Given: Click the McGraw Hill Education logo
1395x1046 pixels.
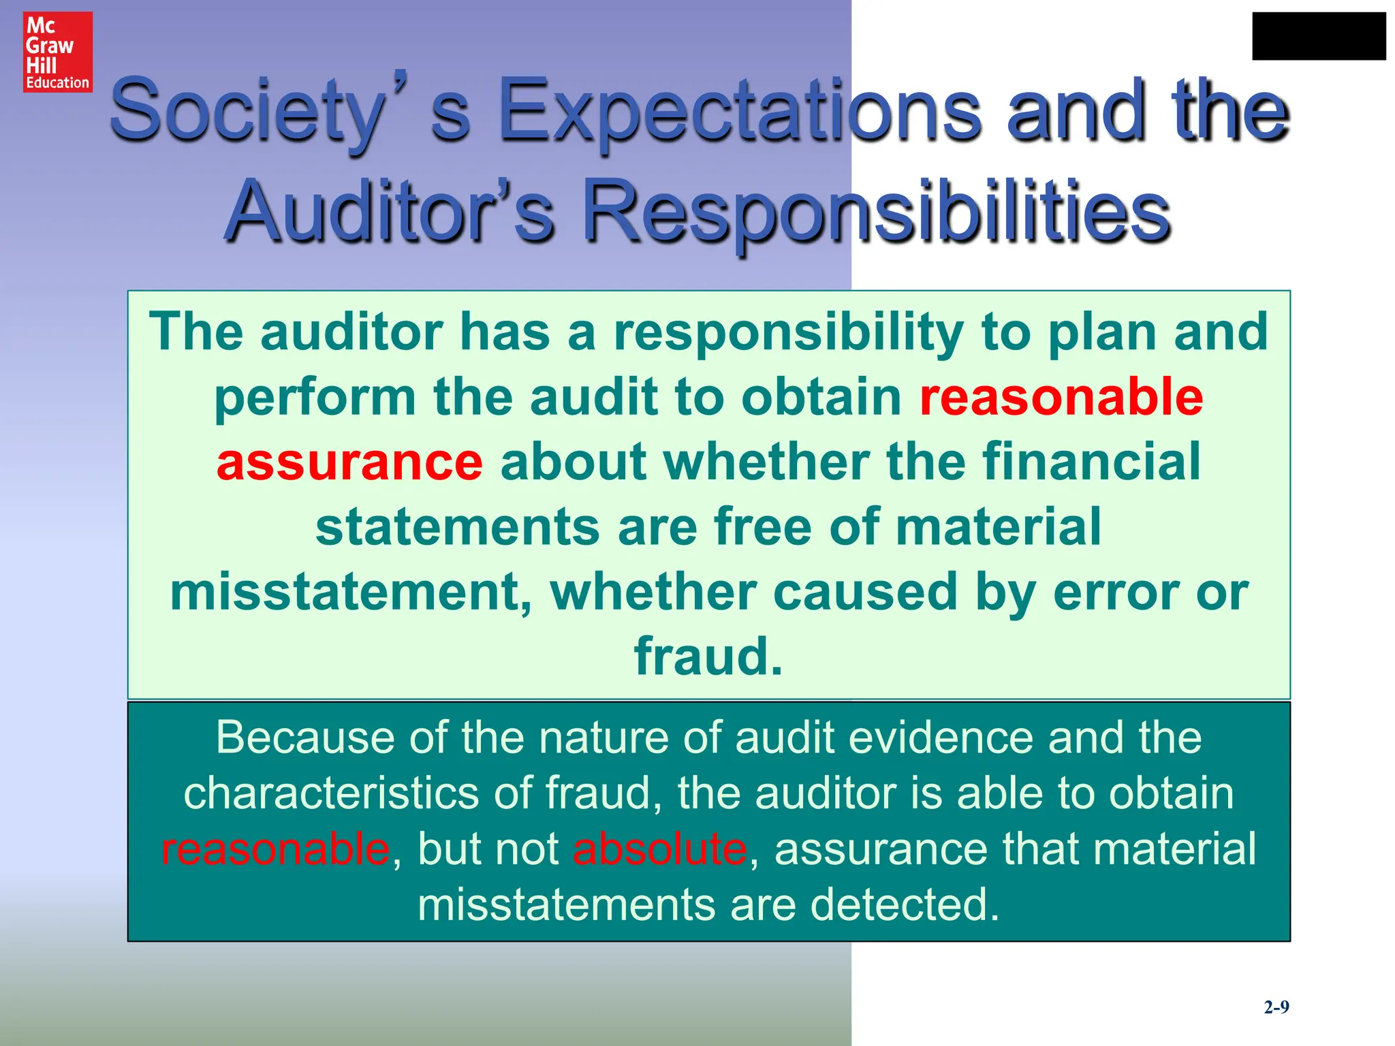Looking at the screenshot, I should pyautogui.click(x=58, y=52).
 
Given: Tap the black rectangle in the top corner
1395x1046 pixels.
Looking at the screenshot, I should pyautogui.click(x=1319, y=36).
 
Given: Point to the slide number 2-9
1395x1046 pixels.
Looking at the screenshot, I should pyautogui.click(x=1276, y=1007).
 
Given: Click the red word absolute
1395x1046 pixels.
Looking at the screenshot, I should pyautogui.click(x=659, y=849).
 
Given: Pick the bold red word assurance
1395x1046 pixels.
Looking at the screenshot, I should pyautogui.click(x=349, y=462).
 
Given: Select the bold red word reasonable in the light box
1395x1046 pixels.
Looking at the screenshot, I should pyautogui.click(x=1061, y=397).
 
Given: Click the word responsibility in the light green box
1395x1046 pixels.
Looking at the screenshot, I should pyautogui.click(x=789, y=332).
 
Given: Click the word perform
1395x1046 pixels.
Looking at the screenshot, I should pyautogui.click(x=315, y=397).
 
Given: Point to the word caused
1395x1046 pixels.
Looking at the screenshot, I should pyautogui.click(x=865, y=592).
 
